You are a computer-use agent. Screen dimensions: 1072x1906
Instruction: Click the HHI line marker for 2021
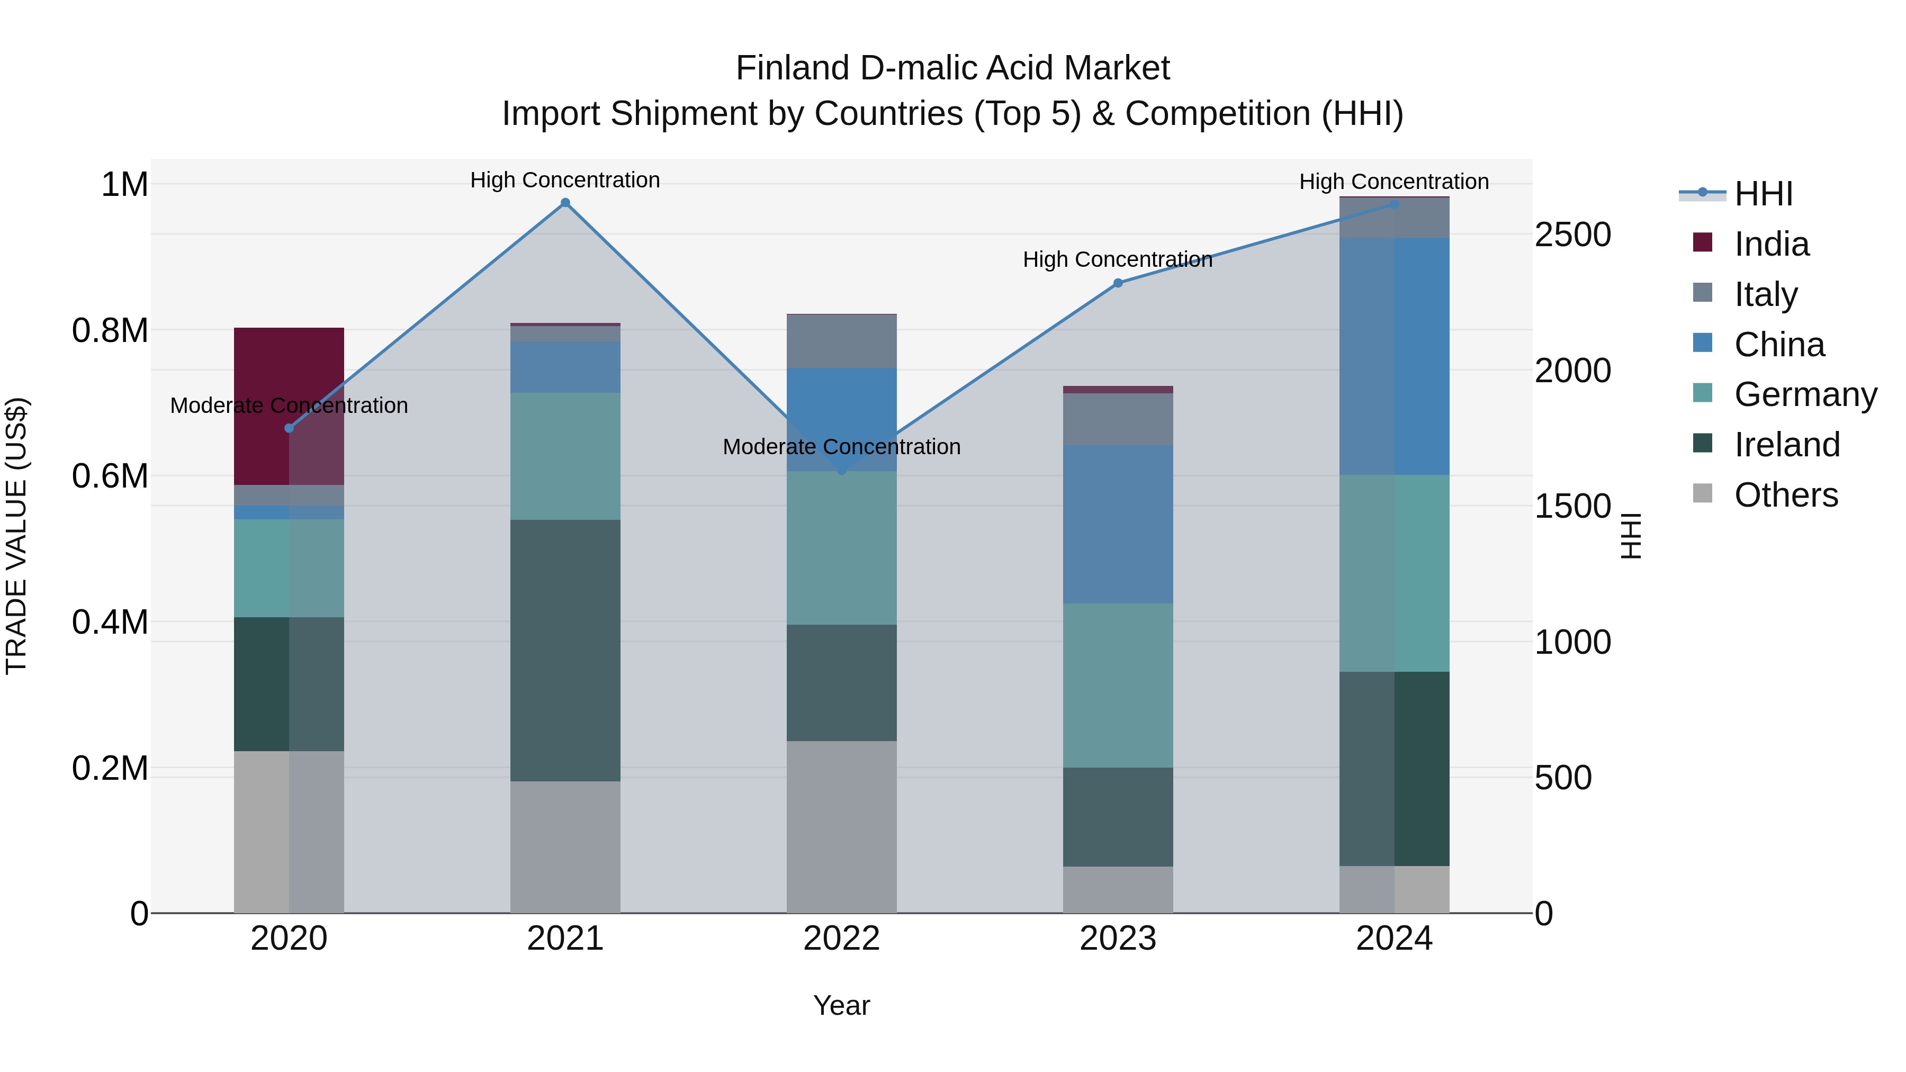click(x=565, y=203)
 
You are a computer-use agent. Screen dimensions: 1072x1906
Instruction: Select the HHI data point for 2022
click(x=841, y=471)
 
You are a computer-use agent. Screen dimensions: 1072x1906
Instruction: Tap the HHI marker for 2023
click(x=1118, y=283)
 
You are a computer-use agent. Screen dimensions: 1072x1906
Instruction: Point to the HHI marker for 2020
click(x=289, y=428)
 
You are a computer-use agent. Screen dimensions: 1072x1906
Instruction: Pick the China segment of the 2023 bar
click(x=1118, y=524)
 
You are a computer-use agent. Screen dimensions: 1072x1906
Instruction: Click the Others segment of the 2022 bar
click(x=841, y=826)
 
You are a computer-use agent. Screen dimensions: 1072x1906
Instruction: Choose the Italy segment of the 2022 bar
click(x=841, y=341)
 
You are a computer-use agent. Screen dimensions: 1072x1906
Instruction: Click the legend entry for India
click(x=1772, y=244)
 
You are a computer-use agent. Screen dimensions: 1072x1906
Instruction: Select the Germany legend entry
click(x=1805, y=394)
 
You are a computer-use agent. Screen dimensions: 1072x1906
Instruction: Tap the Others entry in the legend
click(x=1785, y=495)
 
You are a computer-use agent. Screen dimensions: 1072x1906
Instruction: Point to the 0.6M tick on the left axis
click(x=110, y=476)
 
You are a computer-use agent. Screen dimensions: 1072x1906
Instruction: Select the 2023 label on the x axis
click(x=1118, y=939)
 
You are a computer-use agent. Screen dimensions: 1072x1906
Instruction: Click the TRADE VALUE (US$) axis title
click(x=16, y=536)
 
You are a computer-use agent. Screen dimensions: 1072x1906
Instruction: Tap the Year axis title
click(x=841, y=1005)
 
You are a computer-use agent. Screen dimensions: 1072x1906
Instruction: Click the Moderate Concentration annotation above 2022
click(x=841, y=447)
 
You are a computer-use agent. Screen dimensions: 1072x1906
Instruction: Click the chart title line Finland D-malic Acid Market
click(x=952, y=68)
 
